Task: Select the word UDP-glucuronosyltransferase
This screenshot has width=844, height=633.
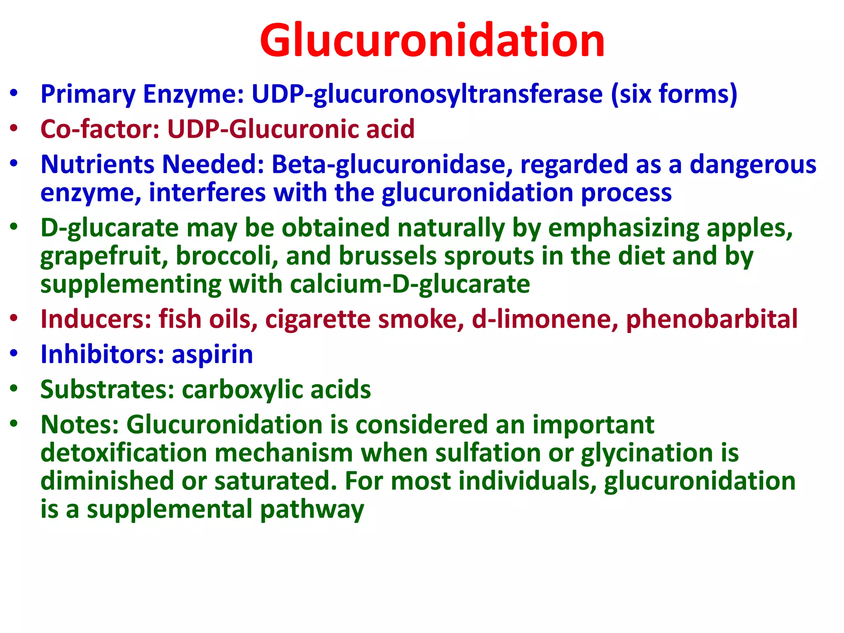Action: pyautogui.click(x=427, y=95)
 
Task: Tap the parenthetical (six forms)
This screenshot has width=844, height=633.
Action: pyautogui.click(x=674, y=94)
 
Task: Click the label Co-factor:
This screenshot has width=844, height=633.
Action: pyautogui.click(x=100, y=129)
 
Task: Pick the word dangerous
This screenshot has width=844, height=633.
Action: pyautogui.click(x=753, y=165)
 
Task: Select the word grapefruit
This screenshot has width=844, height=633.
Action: pyautogui.click(x=104, y=257)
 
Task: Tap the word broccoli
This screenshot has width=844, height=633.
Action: pyautogui.click(x=227, y=256)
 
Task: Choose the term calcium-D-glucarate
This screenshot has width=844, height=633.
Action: pyautogui.click(x=410, y=284)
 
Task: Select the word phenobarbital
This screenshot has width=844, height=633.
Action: pyautogui.click(x=712, y=319)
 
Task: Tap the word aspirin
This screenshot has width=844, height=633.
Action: pyautogui.click(x=212, y=355)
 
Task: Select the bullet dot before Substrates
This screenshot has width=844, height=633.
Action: pyautogui.click(x=14, y=389)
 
